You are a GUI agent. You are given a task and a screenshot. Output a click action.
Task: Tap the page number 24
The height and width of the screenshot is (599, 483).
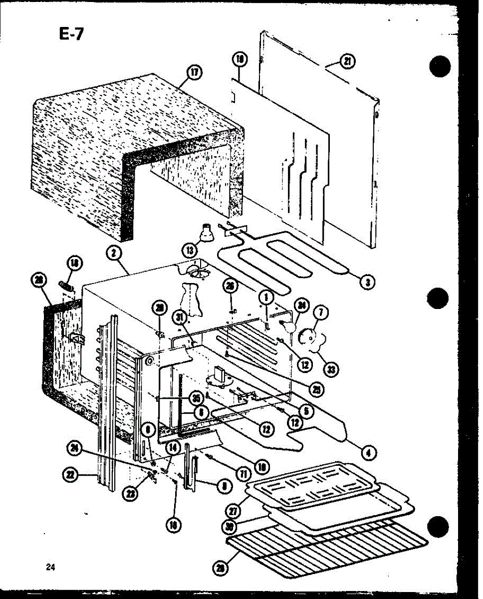[x=50, y=567]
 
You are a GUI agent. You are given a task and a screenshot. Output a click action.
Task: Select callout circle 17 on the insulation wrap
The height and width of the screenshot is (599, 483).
[x=193, y=73]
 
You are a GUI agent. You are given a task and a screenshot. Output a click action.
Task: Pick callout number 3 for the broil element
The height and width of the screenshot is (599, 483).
[x=367, y=282]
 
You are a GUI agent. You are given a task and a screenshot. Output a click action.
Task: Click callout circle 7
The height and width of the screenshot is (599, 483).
[x=321, y=313]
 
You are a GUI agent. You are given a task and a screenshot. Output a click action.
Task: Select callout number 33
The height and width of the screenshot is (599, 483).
[x=329, y=369]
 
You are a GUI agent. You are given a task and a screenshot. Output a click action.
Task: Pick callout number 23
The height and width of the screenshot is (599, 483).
[x=131, y=493]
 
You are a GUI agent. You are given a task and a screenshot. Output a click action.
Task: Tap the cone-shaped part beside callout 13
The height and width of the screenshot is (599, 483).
[x=206, y=234]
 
